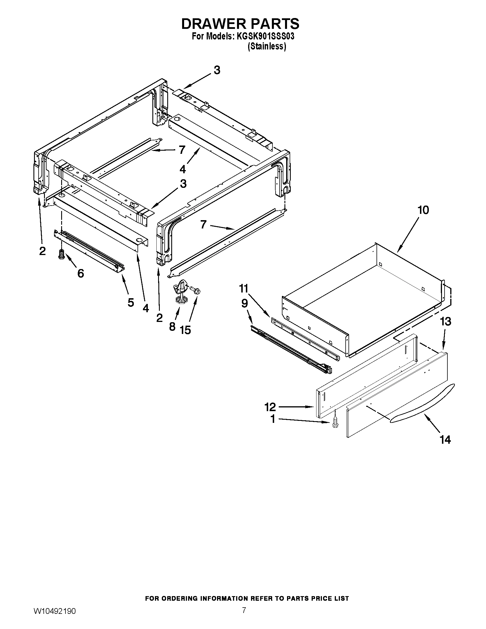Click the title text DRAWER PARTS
240,24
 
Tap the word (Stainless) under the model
267,46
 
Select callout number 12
270,407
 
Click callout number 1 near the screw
273,419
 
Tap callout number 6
81,273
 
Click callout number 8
172,326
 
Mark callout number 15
186,330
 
